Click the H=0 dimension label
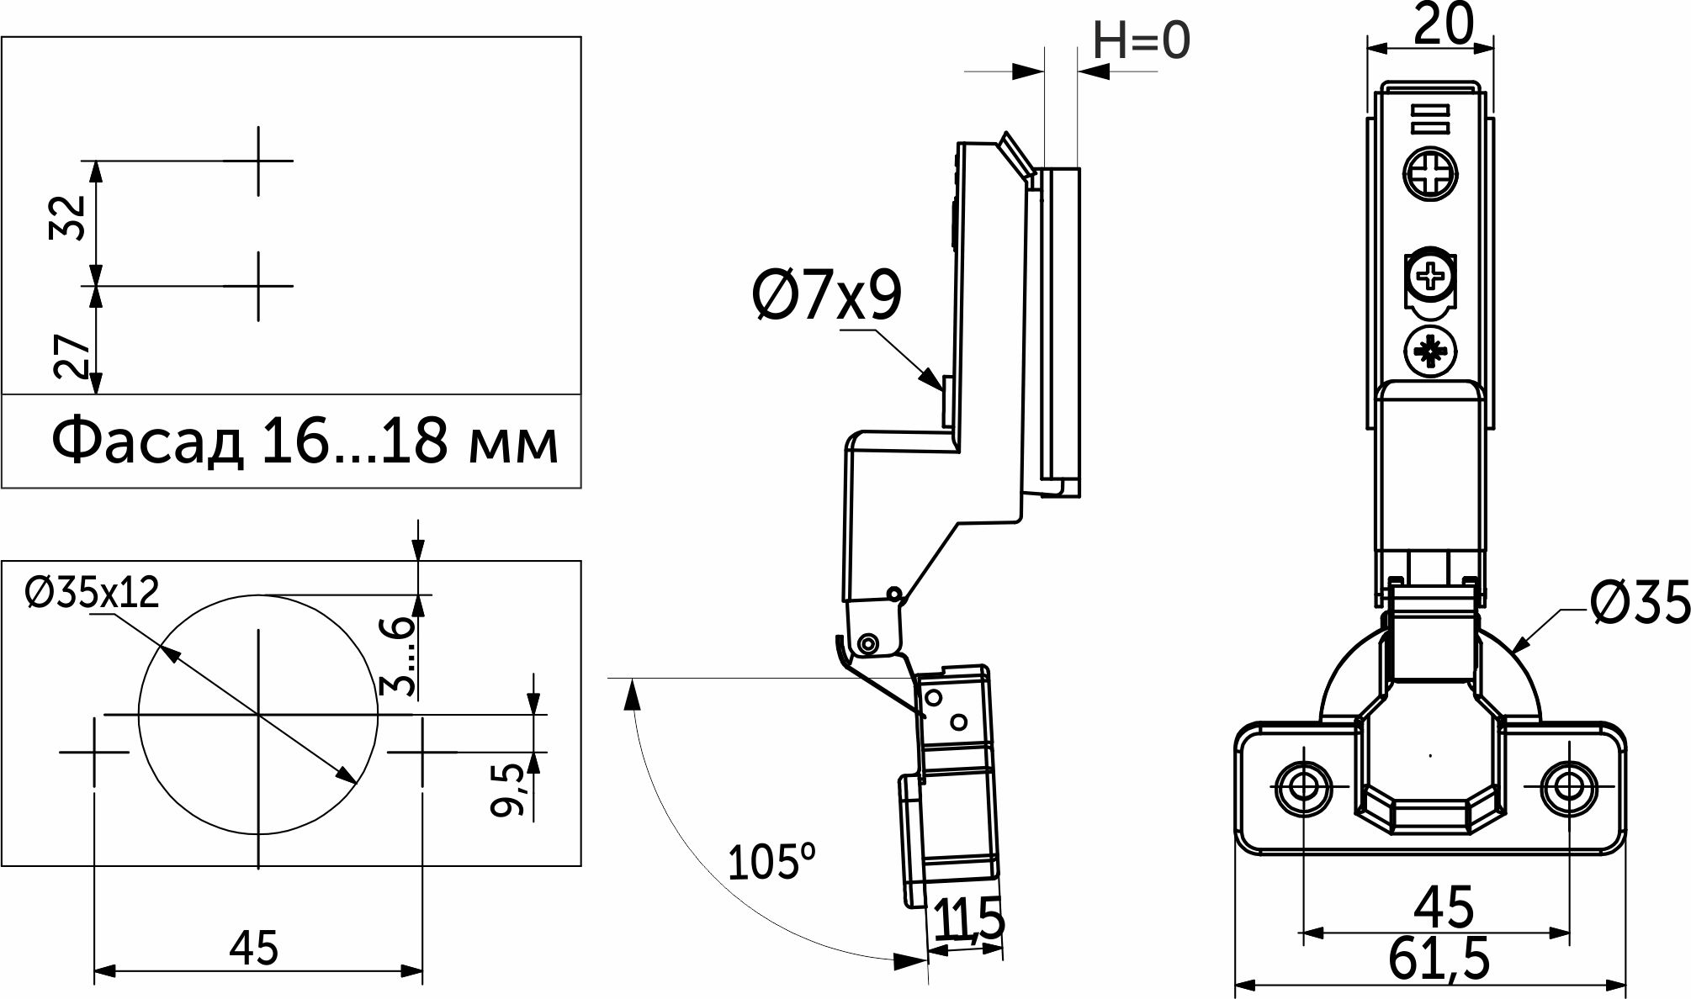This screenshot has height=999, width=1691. [x=1142, y=40]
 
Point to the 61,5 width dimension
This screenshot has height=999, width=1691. [x=1439, y=959]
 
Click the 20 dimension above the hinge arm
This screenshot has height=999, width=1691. [x=1442, y=28]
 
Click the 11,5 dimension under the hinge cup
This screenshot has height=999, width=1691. [x=968, y=920]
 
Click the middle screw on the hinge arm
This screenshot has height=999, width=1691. [x=1429, y=275]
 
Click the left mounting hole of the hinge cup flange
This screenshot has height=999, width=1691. [x=1303, y=787]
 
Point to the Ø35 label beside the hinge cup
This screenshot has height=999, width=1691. [x=1640, y=604]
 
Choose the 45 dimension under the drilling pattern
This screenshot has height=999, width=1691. [x=255, y=949]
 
